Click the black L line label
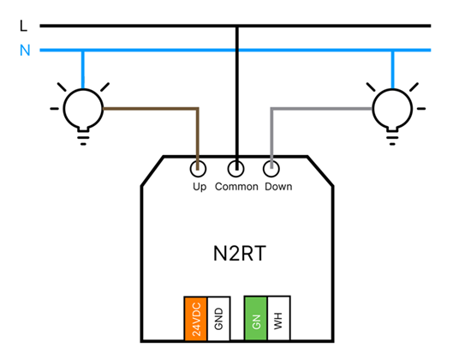tap(23, 26)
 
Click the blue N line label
tap(25, 50)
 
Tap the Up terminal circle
tap(198, 169)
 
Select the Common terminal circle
tap(235, 169)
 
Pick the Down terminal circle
tap(271, 169)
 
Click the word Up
tap(200, 187)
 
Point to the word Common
tap(236, 187)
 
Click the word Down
tap(278, 187)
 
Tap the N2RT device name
tap(240, 254)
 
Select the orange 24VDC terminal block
tap(196, 319)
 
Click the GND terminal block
tap(218, 319)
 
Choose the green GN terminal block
tap(256, 318)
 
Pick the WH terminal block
tap(279, 318)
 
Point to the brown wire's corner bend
tap(198, 109)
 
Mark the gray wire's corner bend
tap(271, 109)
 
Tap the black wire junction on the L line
tap(237, 27)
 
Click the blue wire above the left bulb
tap(83, 69)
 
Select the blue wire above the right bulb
tap(392, 69)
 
